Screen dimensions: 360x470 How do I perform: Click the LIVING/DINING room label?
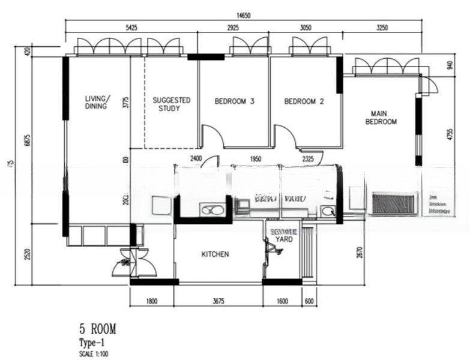point(96,102)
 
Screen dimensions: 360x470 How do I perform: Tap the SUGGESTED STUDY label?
point(171,104)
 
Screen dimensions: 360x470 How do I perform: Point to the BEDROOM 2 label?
point(304,101)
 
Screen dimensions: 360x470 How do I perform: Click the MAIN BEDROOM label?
point(384,117)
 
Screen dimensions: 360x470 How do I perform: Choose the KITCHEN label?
point(215,254)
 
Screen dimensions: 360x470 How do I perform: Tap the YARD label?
point(283,239)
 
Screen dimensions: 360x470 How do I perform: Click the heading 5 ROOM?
point(97,328)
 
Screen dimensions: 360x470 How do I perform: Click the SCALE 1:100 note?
point(94,353)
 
